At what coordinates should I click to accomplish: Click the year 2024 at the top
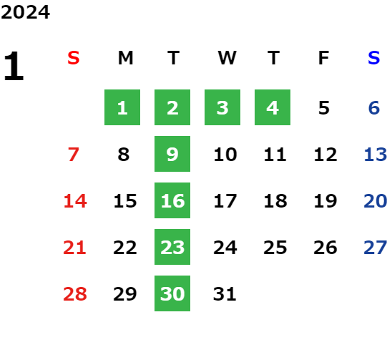25,12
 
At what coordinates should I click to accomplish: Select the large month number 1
14,66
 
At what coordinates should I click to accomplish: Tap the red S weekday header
74,58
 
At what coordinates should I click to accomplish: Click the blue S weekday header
374,58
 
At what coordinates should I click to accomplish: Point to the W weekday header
227,58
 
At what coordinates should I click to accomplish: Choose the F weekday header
323,58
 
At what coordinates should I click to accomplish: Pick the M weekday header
125,58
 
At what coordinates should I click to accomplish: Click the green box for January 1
122,107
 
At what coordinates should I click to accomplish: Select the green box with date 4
273,107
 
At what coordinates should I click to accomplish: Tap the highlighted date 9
172,154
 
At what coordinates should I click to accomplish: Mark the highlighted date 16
172,200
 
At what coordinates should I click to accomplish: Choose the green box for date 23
172,247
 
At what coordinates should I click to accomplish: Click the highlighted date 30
172,293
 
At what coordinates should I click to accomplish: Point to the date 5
324,108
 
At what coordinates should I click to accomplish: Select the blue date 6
374,108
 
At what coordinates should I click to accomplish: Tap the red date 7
74,154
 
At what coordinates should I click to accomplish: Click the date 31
225,293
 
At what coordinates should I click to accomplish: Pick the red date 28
75,293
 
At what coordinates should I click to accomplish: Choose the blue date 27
376,248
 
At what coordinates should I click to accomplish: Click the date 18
275,201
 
